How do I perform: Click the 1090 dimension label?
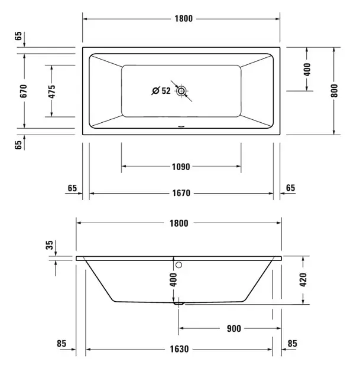click(181, 167)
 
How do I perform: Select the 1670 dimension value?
click(181, 193)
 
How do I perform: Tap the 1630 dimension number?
click(179, 349)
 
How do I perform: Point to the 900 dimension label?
click(234, 328)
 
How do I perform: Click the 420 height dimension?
click(303, 280)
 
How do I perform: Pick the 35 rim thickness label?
click(50, 245)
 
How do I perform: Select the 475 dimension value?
click(51, 92)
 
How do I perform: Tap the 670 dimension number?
click(24, 91)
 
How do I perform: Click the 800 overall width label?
click(334, 90)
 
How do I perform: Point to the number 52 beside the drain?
click(166, 91)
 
